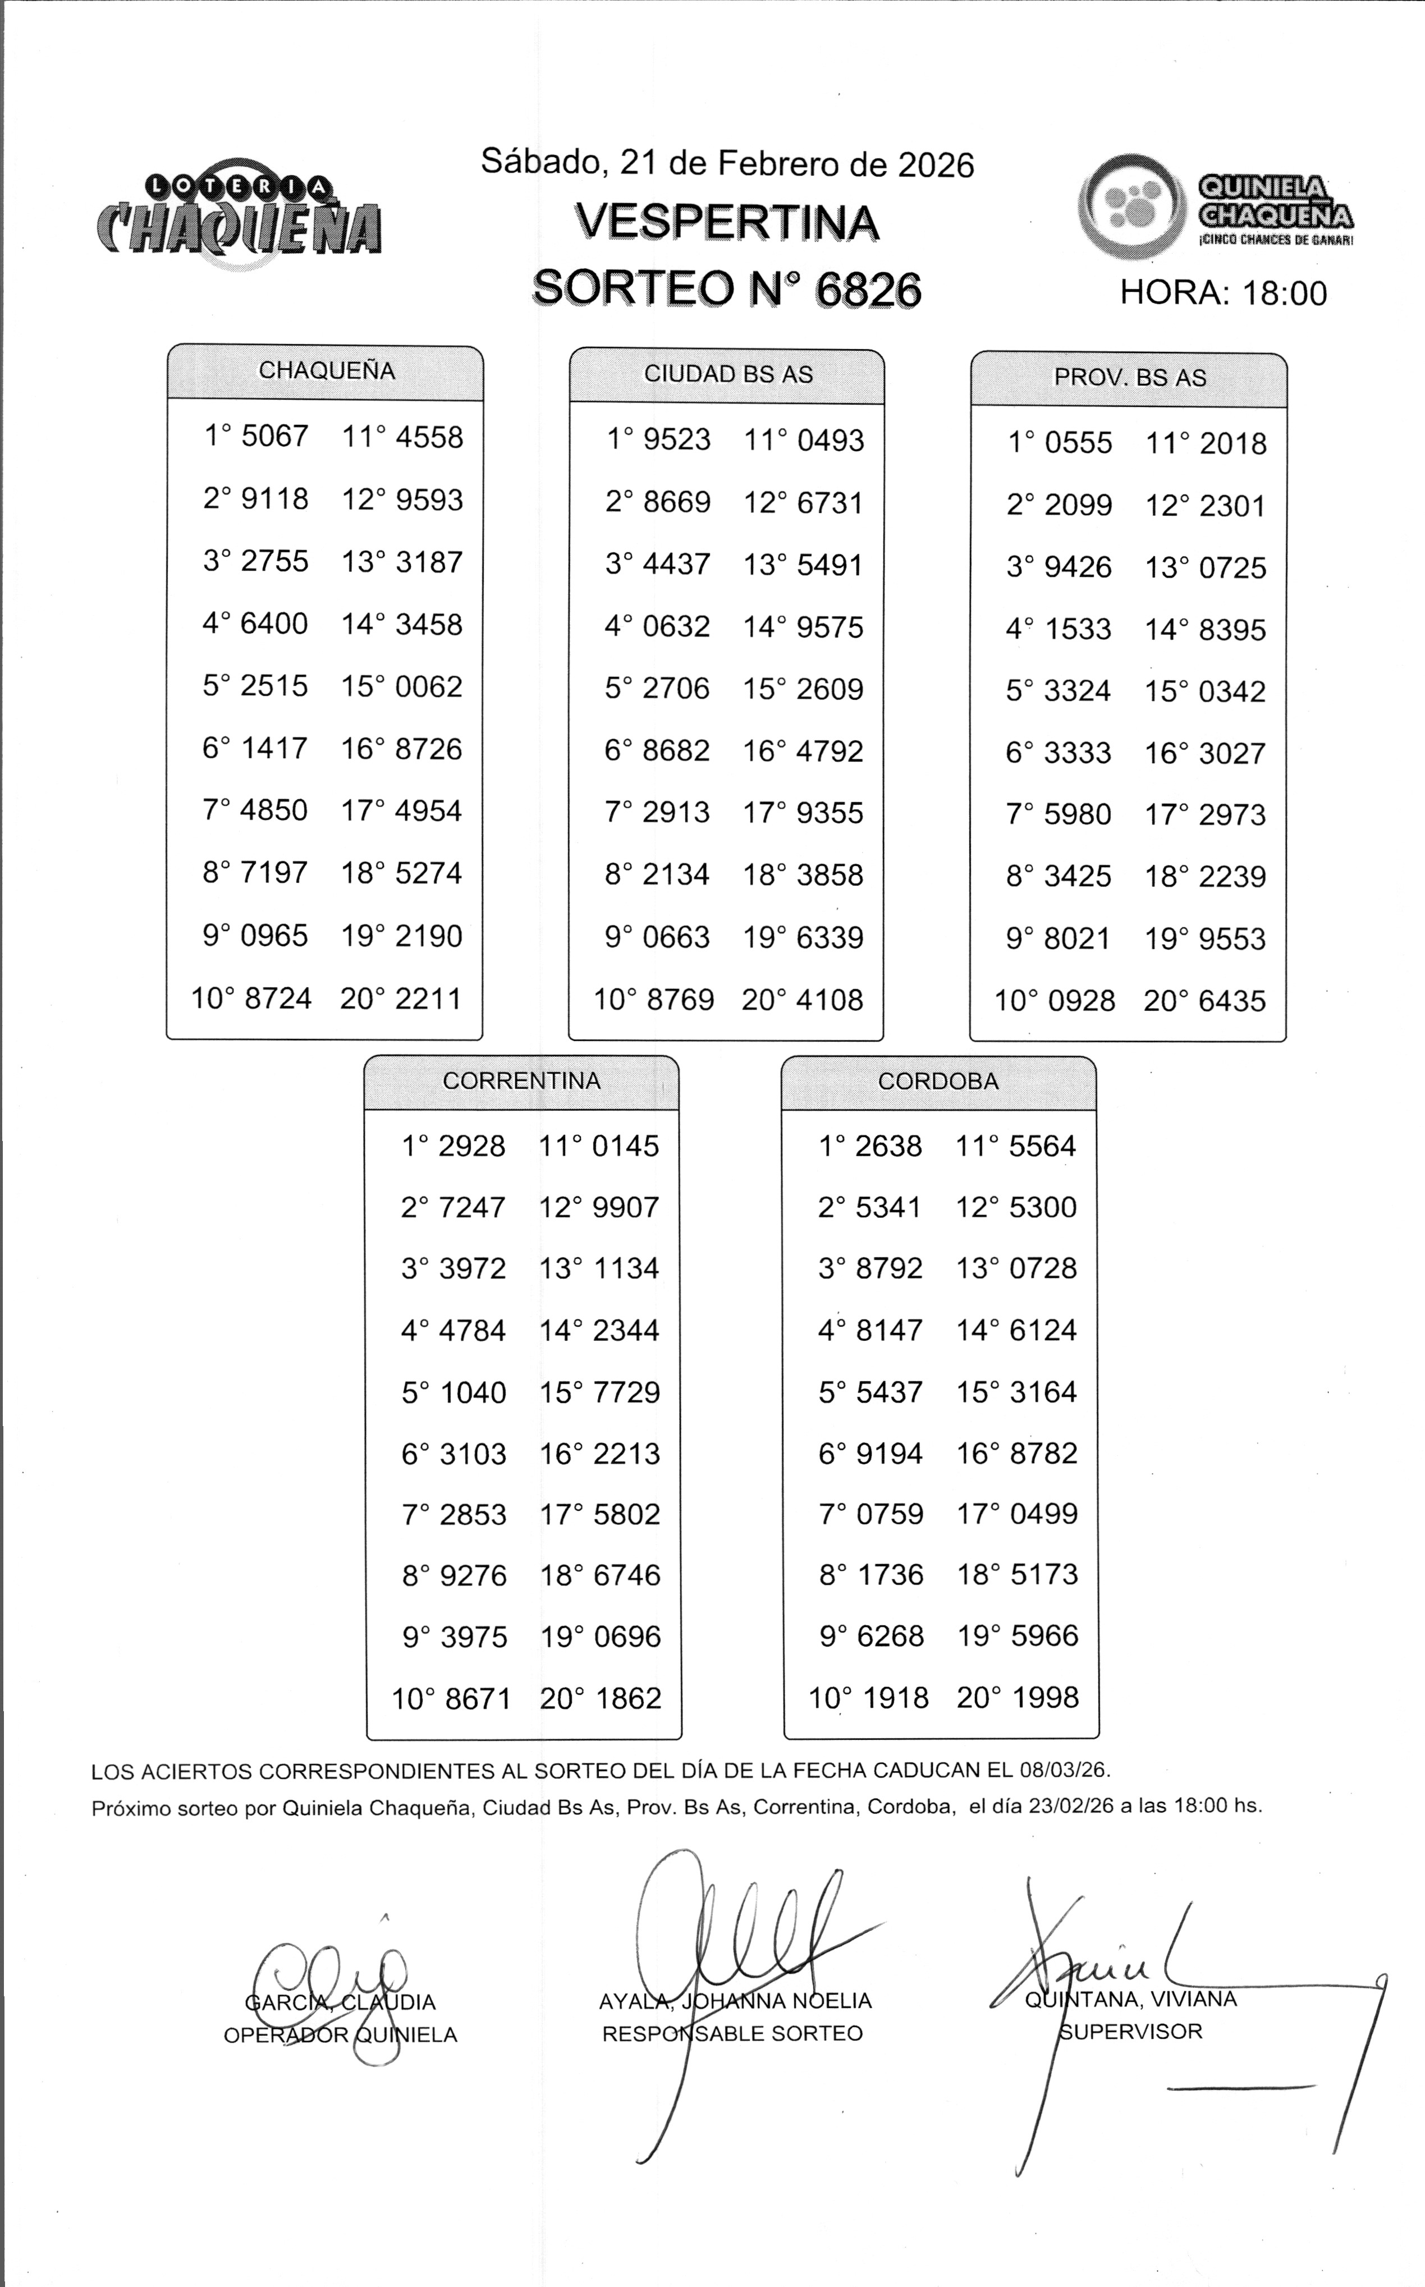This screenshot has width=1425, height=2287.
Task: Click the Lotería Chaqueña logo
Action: click(x=240, y=216)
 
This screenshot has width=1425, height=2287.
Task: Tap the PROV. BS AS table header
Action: click(x=1129, y=378)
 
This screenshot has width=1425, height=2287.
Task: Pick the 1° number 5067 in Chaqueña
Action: click(x=275, y=436)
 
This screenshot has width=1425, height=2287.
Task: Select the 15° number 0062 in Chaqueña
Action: click(x=429, y=687)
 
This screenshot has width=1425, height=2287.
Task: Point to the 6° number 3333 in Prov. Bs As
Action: click(x=1077, y=753)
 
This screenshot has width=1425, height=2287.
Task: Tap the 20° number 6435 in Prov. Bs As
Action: click(x=1232, y=1001)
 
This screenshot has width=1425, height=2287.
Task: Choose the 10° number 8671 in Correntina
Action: click(x=478, y=1699)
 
